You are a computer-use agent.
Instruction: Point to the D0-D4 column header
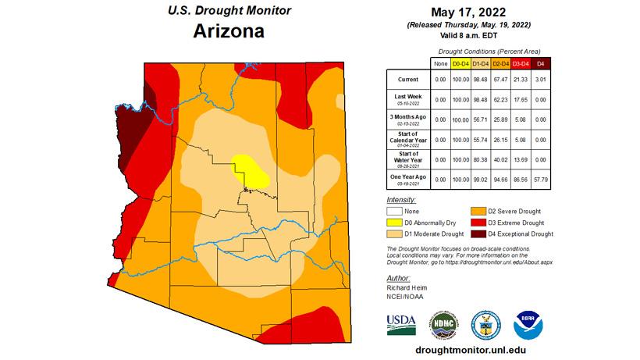point(459,62)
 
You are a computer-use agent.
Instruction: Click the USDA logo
point(401,323)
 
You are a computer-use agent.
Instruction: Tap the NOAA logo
point(528,323)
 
